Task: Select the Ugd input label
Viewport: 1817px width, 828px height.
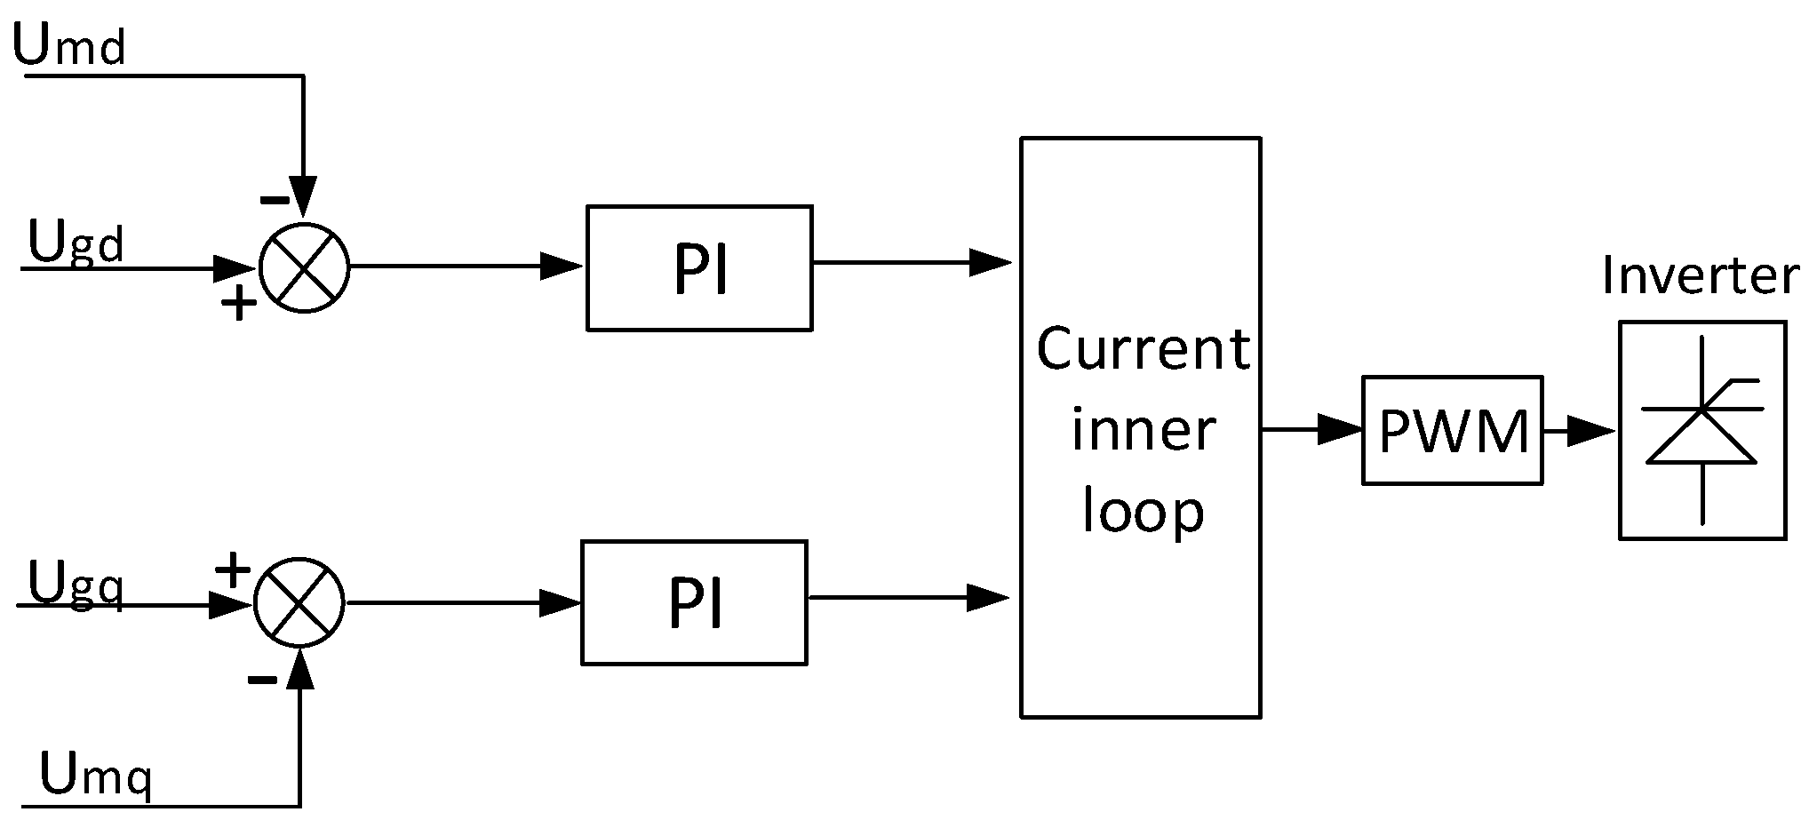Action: tap(76, 242)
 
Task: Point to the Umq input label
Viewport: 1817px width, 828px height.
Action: tap(96, 775)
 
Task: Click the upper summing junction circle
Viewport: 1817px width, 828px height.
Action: tap(304, 267)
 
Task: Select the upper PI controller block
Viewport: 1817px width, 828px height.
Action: tap(699, 268)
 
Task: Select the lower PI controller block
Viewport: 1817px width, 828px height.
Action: tap(694, 602)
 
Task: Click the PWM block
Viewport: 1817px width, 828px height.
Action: tap(1452, 431)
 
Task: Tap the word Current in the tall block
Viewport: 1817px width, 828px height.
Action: tap(1143, 349)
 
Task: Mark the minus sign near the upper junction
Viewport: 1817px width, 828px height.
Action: tap(274, 200)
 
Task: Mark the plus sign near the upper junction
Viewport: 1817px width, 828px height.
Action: tap(238, 305)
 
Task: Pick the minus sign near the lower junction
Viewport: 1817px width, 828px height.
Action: tap(262, 681)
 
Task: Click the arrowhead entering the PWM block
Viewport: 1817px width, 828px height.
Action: tap(1340, 430)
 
